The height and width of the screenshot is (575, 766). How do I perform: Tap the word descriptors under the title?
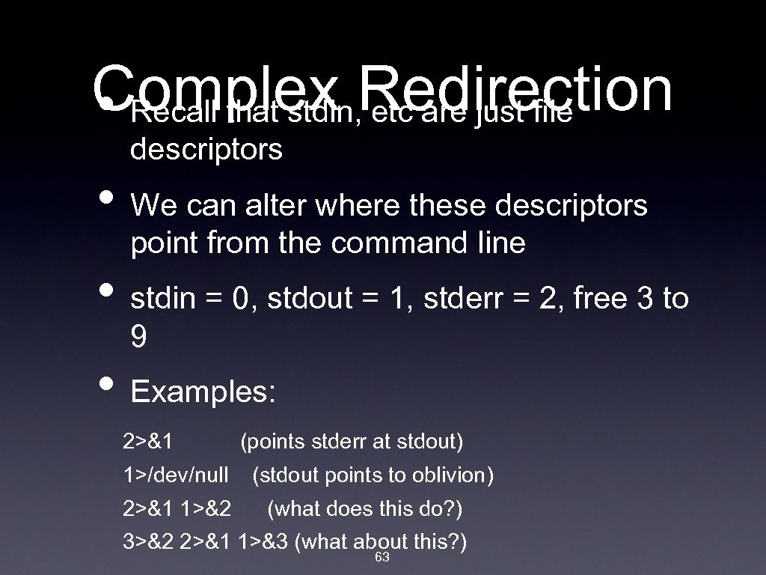coord(206,150)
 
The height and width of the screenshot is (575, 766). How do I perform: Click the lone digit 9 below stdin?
coord(138,338)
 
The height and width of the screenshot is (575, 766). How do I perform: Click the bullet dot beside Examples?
coord(107,384)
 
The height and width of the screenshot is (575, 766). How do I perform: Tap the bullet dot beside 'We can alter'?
coord(107,197)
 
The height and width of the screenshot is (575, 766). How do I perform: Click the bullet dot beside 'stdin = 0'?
coord(107,290)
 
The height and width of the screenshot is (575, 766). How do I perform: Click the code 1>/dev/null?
coord(176,475)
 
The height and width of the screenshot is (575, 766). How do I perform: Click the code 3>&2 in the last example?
coord(148,542)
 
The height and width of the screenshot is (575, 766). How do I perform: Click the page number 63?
coord(382,558)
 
